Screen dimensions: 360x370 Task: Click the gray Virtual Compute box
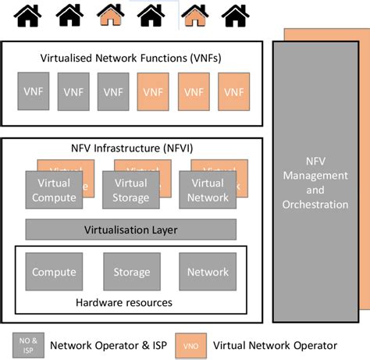point(54,191)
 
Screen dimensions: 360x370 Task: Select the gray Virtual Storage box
point(130,191)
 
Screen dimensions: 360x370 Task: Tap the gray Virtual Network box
point(208,191)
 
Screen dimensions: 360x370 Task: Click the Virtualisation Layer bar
point(131,230)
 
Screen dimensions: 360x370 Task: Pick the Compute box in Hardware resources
point(54,272)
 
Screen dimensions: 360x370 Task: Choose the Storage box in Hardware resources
point(131,272)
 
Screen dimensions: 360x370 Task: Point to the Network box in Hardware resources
point(208,272)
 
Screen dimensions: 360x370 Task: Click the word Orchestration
point(315,205)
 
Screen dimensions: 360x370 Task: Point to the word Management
point(315,176)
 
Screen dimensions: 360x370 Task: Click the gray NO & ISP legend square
point(29,344)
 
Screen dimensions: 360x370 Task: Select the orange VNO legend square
point(190,344)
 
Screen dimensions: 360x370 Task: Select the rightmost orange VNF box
point(233,91)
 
